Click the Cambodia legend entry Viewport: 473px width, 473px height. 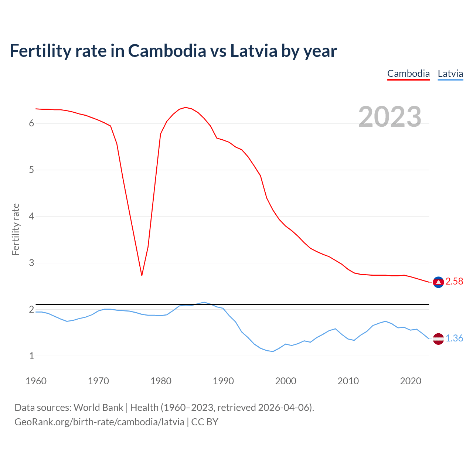tap(408, 74)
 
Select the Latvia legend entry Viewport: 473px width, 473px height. tap(450, 74)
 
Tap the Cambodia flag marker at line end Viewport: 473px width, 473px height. tap(438, 282)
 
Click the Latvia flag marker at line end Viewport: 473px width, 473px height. tap(438, 338)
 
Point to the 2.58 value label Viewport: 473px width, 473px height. tap(454, 282)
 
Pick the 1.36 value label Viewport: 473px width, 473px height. tap(454, 338)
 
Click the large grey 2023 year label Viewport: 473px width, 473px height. tap(389, 117)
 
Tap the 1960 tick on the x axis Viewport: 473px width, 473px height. tap(36, 381)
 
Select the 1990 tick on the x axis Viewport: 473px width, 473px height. tap(223, 381)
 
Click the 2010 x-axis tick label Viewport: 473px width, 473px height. tap(348, 381)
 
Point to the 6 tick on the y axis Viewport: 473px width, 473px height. tap(31, 123)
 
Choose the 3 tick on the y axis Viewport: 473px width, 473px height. tap(31, 263)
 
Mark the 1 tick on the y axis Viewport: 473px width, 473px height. tap(31, 356)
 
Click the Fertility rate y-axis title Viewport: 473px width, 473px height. tap(16, 229)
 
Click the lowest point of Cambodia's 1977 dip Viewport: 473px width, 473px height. tap(142, 275)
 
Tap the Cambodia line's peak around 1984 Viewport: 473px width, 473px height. tap(186, 108)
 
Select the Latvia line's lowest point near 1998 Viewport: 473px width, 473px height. tap(273, 351)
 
